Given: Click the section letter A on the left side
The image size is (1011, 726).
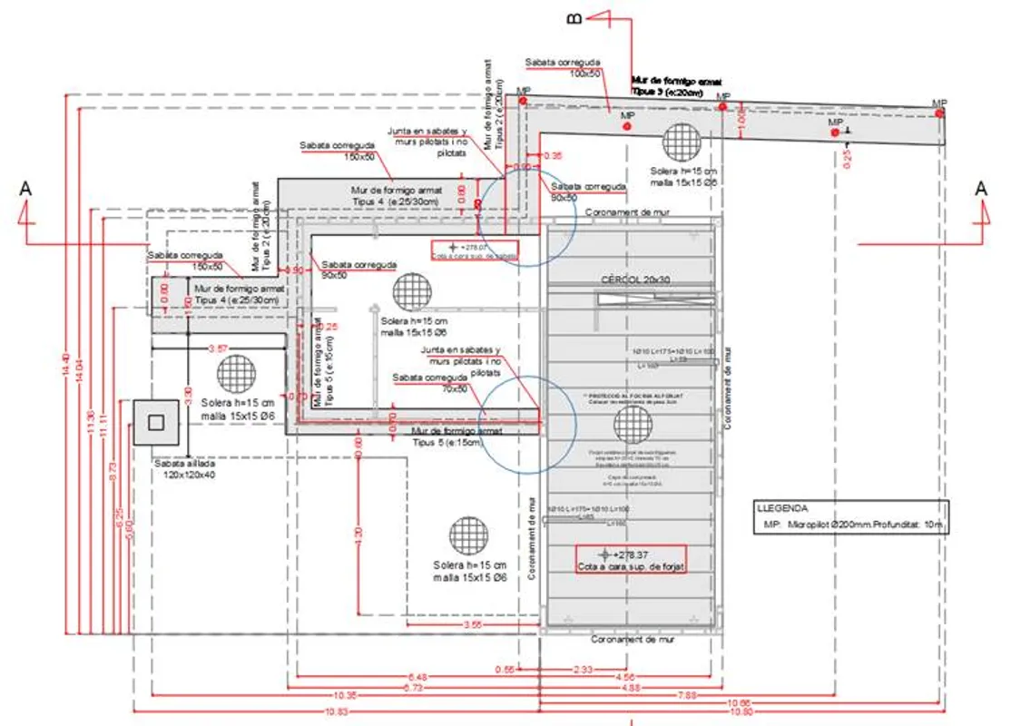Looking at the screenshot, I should [25, 189].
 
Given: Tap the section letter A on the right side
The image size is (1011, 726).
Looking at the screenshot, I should [980, 188].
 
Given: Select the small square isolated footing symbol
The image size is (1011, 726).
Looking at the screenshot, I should [155, 421].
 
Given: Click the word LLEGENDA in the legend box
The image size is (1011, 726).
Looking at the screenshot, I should [781, 509].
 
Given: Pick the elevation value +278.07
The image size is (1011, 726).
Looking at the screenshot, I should [474, 247].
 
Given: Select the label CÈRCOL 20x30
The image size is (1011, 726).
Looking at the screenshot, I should [634, 280].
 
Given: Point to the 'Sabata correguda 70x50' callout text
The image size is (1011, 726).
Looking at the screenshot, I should [429, 382].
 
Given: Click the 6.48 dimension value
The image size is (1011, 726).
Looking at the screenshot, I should [417, 677].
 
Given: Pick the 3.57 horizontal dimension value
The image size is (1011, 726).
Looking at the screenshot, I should [218, 348].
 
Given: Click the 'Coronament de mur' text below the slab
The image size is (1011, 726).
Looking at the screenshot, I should [633, 639].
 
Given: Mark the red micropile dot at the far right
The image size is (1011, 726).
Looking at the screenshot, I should [940, 113].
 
